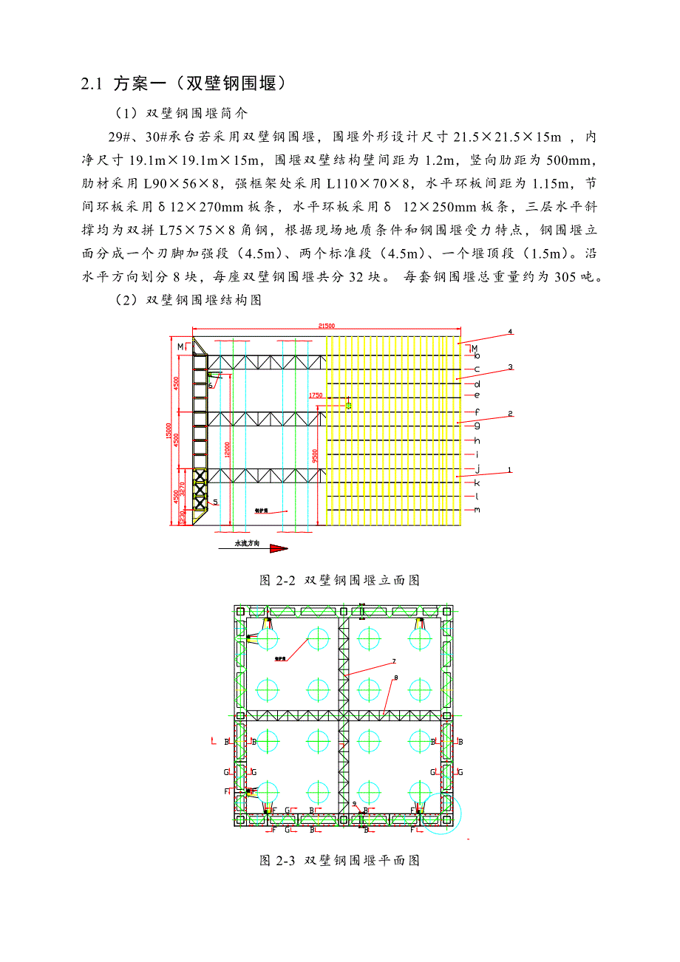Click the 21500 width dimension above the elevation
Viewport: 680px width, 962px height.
pos(326,325)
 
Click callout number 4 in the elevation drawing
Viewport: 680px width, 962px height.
pos(510,332)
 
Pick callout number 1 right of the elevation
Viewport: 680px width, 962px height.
pos(510,469)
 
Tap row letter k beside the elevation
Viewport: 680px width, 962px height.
pos(477,482)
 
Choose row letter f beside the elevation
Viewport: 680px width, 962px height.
pos(477,412)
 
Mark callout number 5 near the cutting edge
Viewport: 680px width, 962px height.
pos(215,502)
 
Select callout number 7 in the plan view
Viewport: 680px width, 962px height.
pos(394,661)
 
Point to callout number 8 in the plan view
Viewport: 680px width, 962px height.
pos(396,678)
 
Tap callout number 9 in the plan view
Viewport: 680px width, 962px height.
pos(354,803)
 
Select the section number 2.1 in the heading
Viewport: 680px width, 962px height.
pos(91,83)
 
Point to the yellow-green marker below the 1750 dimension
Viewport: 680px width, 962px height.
pos(349,405)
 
